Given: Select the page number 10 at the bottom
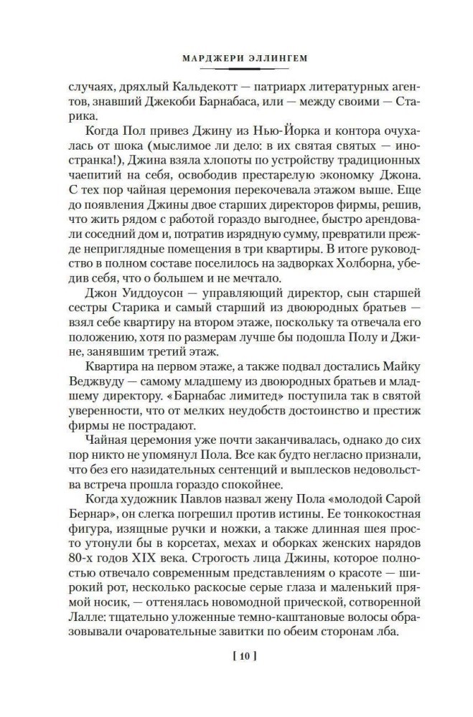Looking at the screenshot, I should [236, 655].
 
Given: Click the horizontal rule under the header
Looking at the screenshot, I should [236, 69].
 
